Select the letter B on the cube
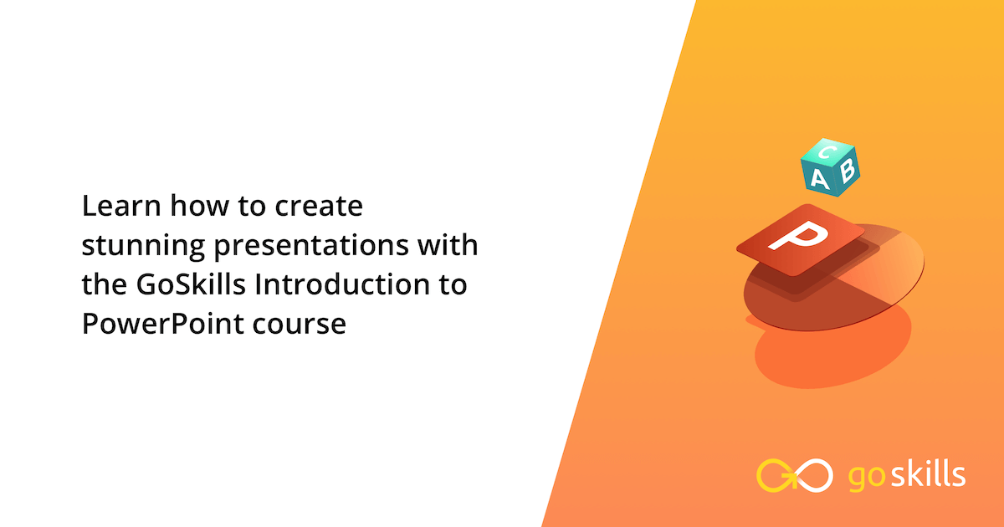point(847,171)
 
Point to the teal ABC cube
point(829,166)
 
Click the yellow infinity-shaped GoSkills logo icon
point(794,474)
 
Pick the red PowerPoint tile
point(800,241)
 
